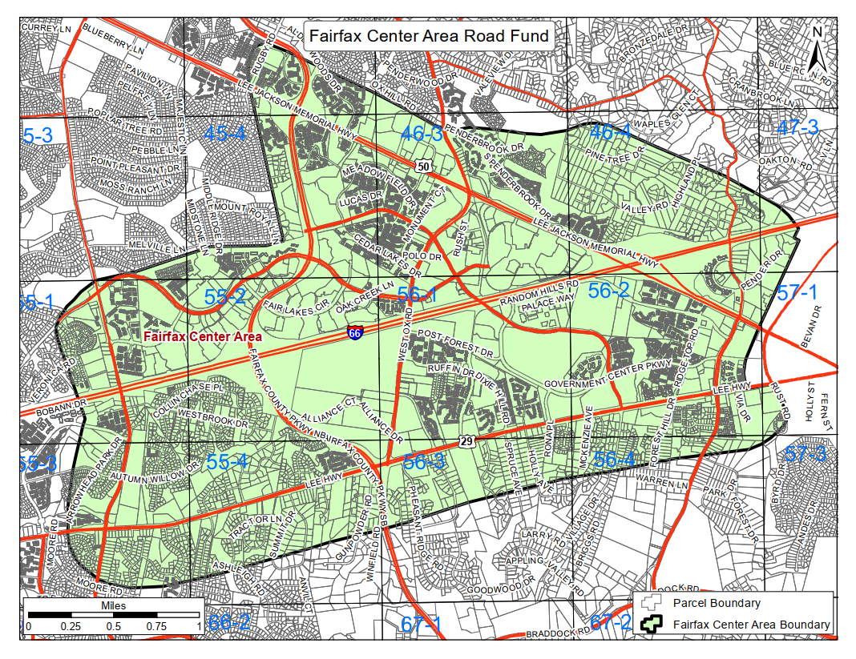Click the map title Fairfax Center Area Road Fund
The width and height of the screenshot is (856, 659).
click(429, 36)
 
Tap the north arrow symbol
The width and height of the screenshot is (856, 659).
click(818, 50)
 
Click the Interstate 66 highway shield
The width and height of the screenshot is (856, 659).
click(354, 332)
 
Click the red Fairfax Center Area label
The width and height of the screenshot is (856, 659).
click(203, 337)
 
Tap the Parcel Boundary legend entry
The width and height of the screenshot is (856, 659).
click(716, 603)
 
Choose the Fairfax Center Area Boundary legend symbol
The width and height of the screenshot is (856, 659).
click(652, 625)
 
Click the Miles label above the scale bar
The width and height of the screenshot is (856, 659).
click(113, 606)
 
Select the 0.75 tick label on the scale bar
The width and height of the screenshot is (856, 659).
click(156, 626)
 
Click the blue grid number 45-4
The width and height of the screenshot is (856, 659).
click(224, 134)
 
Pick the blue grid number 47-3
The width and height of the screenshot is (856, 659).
click(797, 127)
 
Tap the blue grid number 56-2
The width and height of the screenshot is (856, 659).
click(608, 291)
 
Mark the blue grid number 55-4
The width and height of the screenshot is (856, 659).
click(228, 462)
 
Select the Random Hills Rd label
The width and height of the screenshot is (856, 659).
click(539, 291)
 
